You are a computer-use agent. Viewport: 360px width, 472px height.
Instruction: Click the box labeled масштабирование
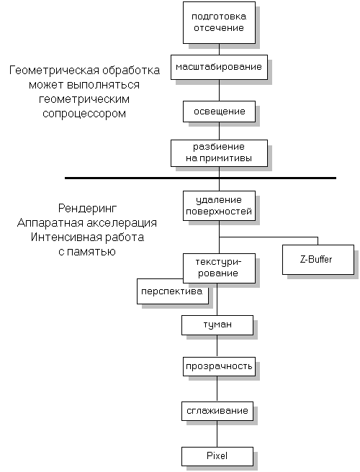tap(217, 68)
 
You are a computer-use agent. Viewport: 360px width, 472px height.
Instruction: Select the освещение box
tap(217, 112)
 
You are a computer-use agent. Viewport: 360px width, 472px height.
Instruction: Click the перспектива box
tap(173, 292)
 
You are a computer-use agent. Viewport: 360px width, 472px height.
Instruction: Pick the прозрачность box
tap(217, 367)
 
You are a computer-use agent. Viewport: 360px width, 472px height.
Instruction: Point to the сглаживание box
tap(217, 411)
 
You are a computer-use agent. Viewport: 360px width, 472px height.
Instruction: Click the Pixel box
tap(217, 455)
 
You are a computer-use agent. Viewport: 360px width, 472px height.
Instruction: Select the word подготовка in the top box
tap(217, 16)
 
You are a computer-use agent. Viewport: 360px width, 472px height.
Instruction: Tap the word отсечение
tap(217, 28)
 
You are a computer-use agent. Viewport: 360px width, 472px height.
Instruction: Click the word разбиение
tap(217, 145)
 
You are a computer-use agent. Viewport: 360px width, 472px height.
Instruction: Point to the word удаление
tap(217, 199)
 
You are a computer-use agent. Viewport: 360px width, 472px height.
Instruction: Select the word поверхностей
tap(217, 212)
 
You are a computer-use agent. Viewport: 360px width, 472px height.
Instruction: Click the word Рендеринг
tap(89, 209)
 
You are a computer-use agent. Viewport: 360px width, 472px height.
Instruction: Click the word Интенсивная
tap(55, 237)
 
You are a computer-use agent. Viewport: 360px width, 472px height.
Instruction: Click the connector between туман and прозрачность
tap(217, 346)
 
